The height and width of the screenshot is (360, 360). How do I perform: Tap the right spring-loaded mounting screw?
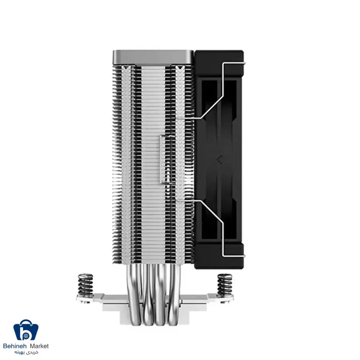[x=224, y=284]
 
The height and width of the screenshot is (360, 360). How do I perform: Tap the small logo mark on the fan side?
[x=218, y=158]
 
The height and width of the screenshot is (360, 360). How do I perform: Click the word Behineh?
[x=15, y=346]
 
